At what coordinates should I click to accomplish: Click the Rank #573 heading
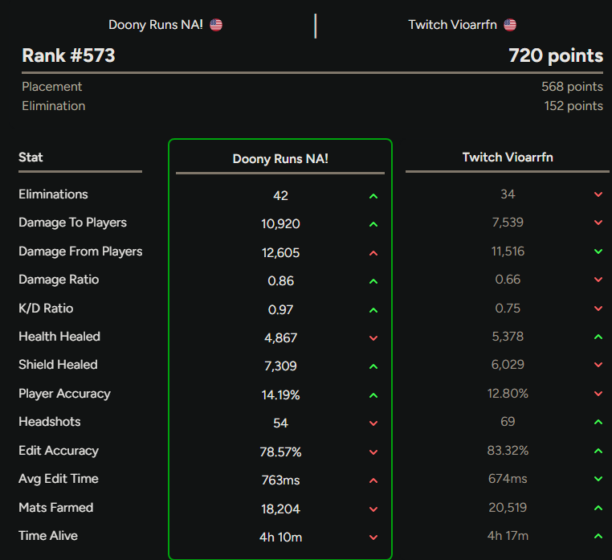(x=68, y=55)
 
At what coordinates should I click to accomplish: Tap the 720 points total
(x=556, y=55)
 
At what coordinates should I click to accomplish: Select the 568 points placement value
(x=572, y=86)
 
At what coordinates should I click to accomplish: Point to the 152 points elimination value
(x=573, y=106)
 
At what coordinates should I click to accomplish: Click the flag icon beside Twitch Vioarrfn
(x=510, y=25)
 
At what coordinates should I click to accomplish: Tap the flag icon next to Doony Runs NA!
(x=216, y=25)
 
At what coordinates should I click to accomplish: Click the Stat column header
(x=31, y=157)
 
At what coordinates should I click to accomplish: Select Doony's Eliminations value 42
(x=280, y=195)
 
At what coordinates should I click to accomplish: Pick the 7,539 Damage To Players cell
(x=508, y=223)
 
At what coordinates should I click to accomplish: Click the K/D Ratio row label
(x=46, y=308)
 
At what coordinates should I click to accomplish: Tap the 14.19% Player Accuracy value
(x=280, y=394)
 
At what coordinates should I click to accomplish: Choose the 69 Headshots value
(x=508, y=421)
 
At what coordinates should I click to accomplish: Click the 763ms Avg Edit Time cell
(x=280, y=480)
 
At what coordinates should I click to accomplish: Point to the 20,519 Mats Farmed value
(x=508, y=507)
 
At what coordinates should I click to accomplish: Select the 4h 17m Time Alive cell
(x=508, y=535)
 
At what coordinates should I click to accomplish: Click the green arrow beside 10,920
(x=373, y=224)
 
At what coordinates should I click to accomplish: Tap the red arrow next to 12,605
(x=373, y=253)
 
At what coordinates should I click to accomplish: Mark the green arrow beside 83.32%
(x=598, y=451)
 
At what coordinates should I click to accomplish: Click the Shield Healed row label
(x=58, y=364)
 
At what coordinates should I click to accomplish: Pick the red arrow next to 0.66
(x=598, y=280)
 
